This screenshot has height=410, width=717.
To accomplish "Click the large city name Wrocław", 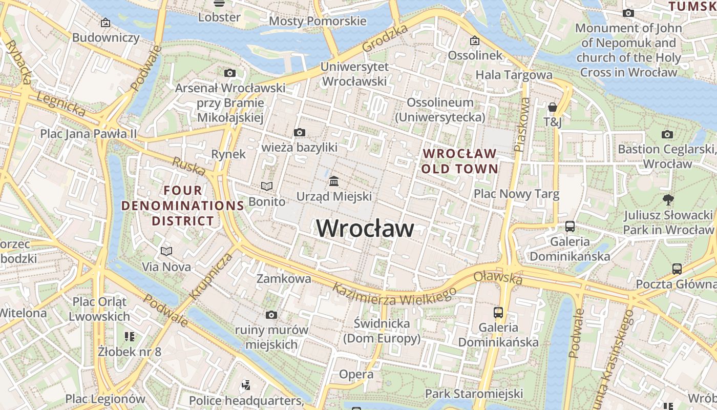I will tap(365, 229).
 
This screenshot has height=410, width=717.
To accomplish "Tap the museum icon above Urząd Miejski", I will tap(334, 181).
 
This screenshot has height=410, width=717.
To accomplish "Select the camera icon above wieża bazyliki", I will tap(300, 133).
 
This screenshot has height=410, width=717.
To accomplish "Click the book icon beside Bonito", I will tap(267, 186).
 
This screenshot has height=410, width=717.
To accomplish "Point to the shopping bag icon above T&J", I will tap(553, 107).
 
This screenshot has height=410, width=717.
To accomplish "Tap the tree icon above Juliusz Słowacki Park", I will tap(668, 199).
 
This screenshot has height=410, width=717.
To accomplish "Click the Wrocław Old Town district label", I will tap(459, 161).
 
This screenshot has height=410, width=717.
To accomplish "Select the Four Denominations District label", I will tap(183, 206).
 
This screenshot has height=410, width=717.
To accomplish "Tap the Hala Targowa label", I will tap(514, 75).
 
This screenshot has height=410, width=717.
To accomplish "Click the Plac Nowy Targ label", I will tap(516, 194).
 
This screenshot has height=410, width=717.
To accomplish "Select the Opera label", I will tap(356, 374).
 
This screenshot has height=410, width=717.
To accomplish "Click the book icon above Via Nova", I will tap(166, 251).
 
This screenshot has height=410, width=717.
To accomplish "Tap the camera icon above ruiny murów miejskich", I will tap(271, 315).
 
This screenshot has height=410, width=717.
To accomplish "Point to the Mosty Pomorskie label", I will tap(318, 21).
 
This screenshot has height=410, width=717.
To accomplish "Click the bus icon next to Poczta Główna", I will tap(677, 269).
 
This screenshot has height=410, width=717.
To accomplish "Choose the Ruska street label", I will tap(188, 166).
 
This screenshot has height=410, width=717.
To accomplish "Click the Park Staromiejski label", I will tap(474, 394).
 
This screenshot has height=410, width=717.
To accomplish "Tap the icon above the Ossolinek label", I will tap(475, 40).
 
